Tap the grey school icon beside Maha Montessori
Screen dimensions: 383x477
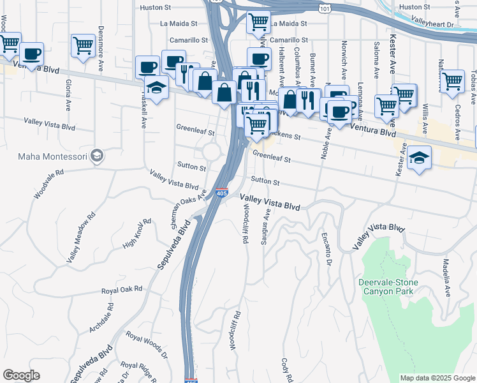pyautogui.click(x=96, y=156)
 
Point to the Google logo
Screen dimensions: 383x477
pyautogui.click(x=21, y=375)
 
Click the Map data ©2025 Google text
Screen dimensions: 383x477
pyautogui.click(x=437, y=378)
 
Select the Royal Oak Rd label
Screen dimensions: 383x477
pyautogui.click(x=122, y=290)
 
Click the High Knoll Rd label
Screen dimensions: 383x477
pyautogui.click(x=136, y=234)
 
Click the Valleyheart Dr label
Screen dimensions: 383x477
pyautogui.click(x=432, y=24)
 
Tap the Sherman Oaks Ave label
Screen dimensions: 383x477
pyautogui.click(x=184, y=209)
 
